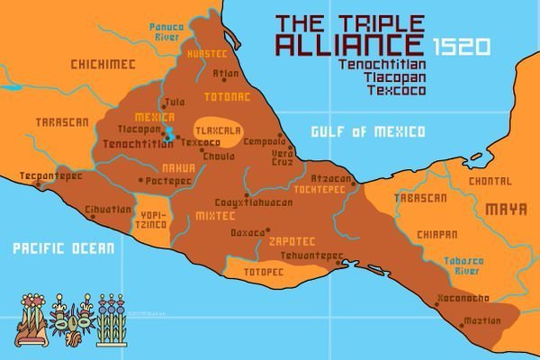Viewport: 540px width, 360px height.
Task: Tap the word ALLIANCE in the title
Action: [x=349, y=45]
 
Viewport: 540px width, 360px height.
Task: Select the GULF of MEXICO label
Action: [x=367, y=132]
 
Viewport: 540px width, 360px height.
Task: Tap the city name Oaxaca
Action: [x=249, y=232]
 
